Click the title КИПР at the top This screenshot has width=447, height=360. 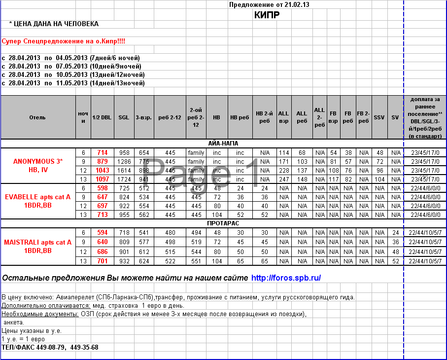click(x=267, y=15)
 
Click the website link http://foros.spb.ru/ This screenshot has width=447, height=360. click(x=286, y=278)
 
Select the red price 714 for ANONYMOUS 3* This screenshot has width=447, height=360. click(x=102, y=153)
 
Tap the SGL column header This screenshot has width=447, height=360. click(x=124, y=117)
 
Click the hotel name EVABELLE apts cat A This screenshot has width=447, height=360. click(x=38, y=196)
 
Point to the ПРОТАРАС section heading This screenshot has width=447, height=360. click(x=223, y=223)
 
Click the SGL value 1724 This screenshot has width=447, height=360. click(x=124, y=179)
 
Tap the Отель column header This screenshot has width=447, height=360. click(x=37, y=117)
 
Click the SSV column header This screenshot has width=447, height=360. click(x=378, y=117)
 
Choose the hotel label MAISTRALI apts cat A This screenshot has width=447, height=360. click(x=38, y=242)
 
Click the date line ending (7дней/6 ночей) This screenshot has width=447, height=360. click(x=71, y=58)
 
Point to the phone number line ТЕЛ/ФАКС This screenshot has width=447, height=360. click(x=50, y=347)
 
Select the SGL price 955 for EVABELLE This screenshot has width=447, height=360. click(x=124, y=215)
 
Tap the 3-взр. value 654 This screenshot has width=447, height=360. click(x=143, y=153)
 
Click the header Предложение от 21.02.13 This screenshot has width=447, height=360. click(x=269, y=4)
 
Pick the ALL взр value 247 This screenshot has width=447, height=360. click(x=283, y=179)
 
